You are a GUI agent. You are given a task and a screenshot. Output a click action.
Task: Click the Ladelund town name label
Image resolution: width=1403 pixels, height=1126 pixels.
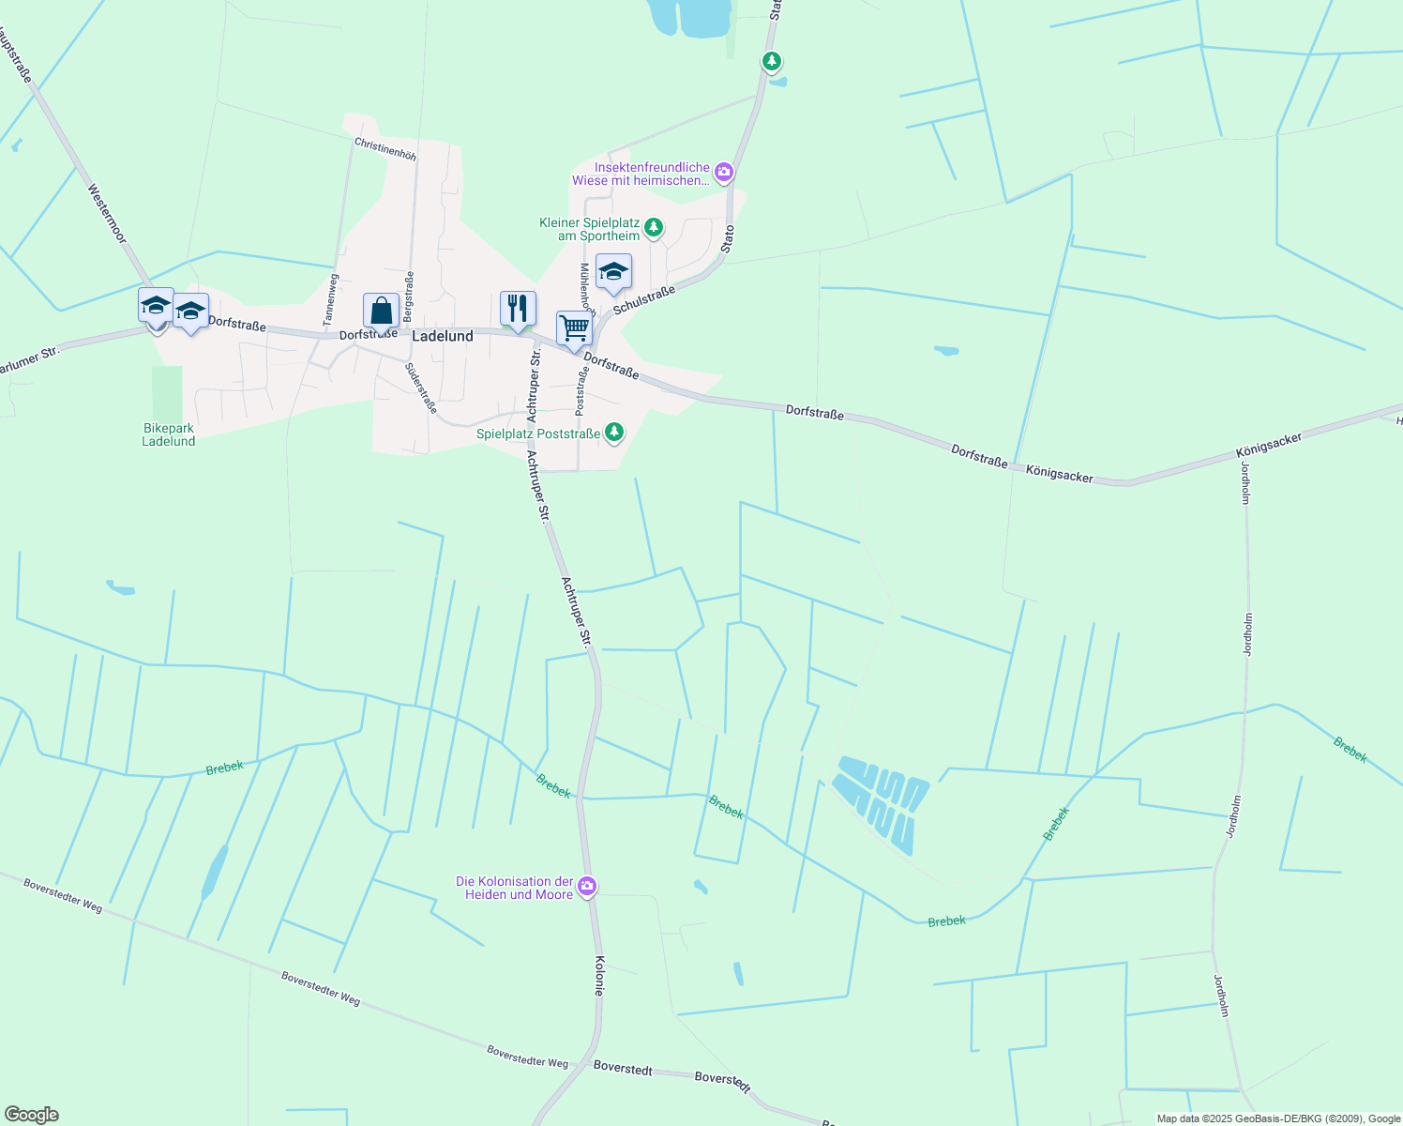point(443,336)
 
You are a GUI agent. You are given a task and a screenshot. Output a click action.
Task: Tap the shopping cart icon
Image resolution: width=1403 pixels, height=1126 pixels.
point(574,329)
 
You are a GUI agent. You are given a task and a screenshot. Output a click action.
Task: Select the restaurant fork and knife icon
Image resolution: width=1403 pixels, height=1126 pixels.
point(518,308)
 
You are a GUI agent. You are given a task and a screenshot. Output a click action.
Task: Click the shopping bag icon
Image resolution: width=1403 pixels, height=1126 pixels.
point(381,310)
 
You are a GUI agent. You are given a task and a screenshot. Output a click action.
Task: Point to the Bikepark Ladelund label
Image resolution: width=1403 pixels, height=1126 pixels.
point(169,434)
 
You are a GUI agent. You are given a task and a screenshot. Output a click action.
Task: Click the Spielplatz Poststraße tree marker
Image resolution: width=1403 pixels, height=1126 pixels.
point(613,432)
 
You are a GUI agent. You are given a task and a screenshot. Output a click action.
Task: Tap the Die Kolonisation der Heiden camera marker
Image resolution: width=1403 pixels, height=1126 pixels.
point(587,886)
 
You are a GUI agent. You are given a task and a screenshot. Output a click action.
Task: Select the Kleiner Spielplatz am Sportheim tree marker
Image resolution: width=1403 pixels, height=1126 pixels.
point(653,227)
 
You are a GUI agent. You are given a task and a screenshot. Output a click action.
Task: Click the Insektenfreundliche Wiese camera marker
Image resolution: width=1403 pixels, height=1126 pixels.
point(723,172)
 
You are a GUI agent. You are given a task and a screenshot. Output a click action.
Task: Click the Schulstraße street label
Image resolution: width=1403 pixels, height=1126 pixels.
point(644,301)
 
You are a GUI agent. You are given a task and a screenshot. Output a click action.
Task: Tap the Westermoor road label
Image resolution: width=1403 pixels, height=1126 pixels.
point(106,214)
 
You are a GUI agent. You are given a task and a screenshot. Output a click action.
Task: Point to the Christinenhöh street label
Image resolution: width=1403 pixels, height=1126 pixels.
point(385,148)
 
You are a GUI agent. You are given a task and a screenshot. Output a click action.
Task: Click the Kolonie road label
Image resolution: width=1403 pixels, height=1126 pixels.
point(599,976)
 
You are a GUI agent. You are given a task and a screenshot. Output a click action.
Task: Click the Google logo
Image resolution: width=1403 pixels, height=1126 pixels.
point(31,1115)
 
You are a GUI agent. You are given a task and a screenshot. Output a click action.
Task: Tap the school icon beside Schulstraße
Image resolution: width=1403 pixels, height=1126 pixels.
point(613,272)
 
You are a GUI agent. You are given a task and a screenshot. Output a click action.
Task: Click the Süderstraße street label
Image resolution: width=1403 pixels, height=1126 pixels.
point(421,388)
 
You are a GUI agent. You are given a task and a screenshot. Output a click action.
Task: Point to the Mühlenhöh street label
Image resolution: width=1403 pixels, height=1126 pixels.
point(587,290)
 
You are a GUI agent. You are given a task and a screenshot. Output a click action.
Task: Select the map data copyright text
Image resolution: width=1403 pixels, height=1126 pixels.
point(1277,1118)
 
